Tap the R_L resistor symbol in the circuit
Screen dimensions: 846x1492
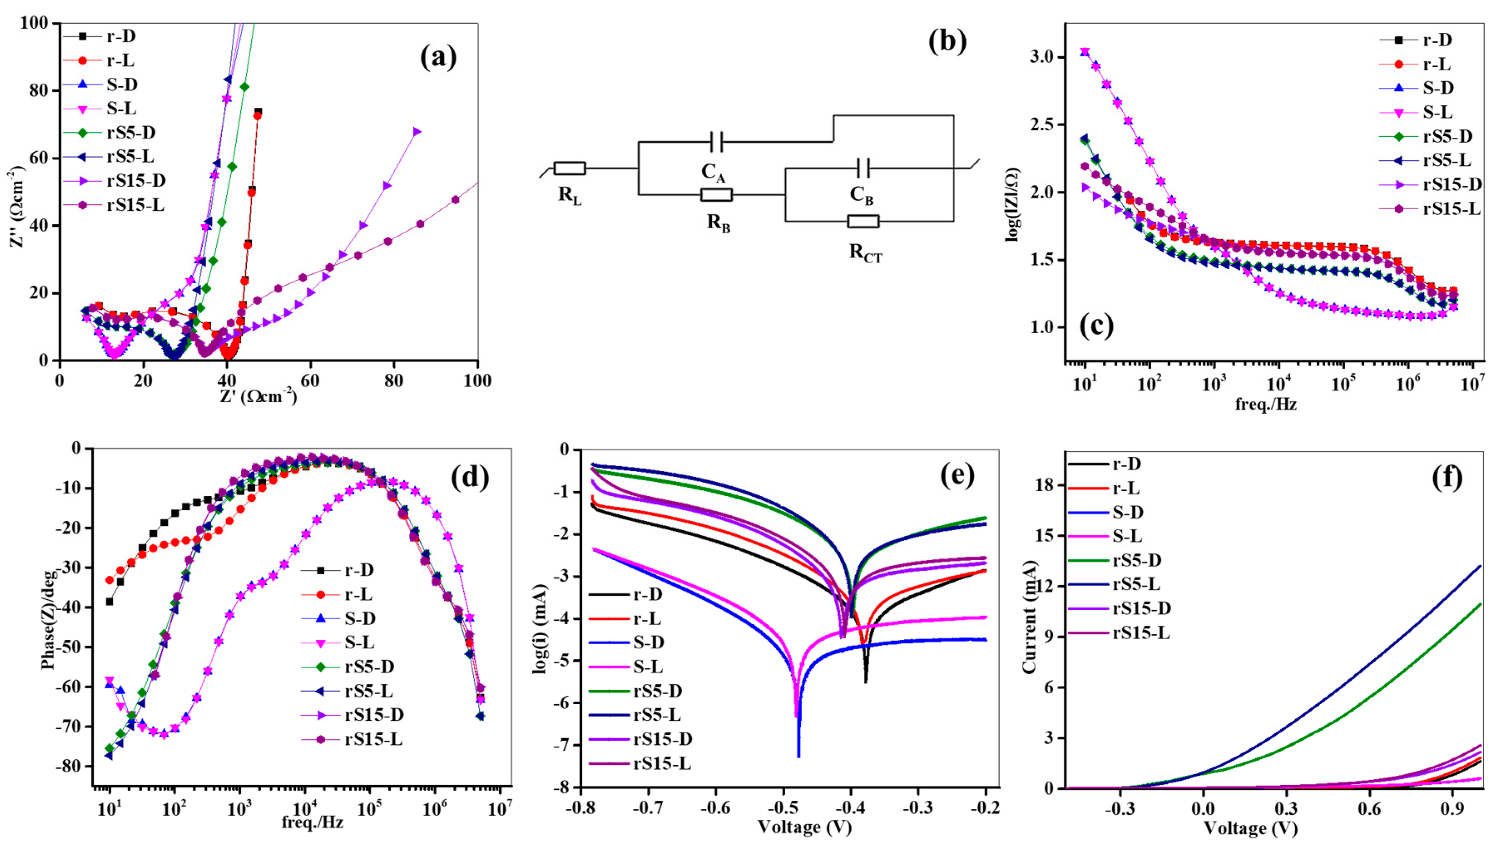coord(569,168)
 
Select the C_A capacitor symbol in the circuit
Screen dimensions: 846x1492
coord(716,141)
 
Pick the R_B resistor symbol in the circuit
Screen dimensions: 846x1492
coord(716,195)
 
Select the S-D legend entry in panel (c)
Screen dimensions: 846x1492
coord(1428,88)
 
